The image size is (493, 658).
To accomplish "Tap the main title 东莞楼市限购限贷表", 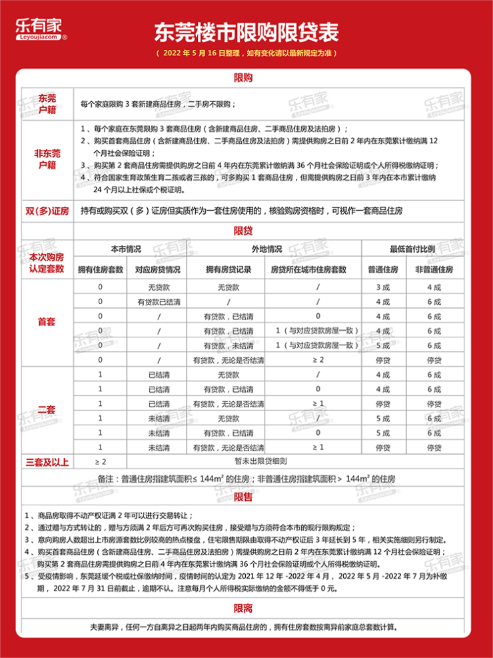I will pos(246,31).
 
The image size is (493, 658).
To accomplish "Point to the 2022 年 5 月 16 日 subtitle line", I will pos(246,53).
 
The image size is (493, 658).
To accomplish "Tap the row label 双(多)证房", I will pos(47,211).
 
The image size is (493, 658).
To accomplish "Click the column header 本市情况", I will pos(126,248).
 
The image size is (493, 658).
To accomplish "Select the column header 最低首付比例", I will pos(412,248).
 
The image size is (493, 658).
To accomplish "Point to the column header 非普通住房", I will pos(434,269).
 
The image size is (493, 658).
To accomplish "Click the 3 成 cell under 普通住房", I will pos(382,287).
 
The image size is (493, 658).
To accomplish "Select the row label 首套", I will pos(46,323).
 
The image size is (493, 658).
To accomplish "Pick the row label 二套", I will pos(46,411).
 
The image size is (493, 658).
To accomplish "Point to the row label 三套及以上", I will pos(47,461).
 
